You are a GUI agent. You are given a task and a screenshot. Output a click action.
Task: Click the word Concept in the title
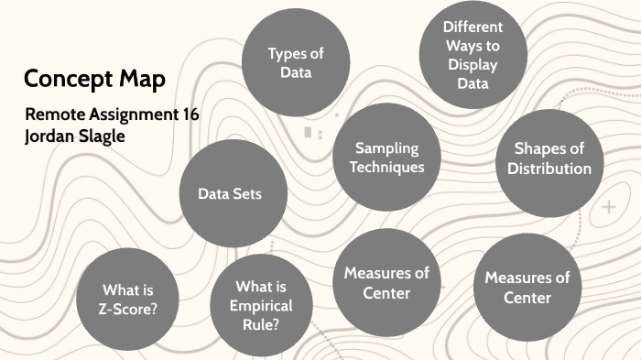[67, 80]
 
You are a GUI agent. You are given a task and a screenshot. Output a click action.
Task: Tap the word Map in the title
[141, 79]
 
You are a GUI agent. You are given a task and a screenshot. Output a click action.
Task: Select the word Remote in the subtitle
[57, 115]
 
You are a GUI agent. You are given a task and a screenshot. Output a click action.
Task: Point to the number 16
[190, 115]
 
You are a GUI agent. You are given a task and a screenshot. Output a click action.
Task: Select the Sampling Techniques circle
[386, 158]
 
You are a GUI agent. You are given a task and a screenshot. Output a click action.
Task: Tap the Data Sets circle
[230, 194]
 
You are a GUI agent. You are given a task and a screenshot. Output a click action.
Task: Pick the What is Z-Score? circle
[129, 296]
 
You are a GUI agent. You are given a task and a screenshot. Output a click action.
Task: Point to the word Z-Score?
[129, 308]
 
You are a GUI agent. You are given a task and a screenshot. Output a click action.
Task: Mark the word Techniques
[386, 168]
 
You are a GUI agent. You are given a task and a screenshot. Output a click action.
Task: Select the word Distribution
[549, 169]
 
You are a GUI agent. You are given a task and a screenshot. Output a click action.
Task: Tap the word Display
[473, 64]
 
